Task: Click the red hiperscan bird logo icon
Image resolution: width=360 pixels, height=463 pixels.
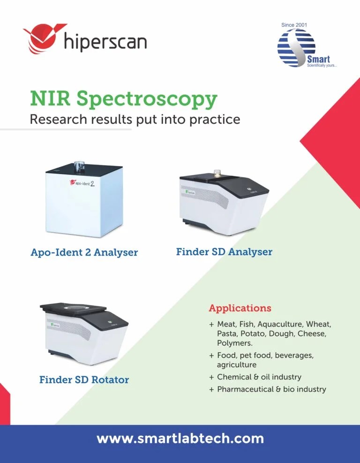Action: [40, 39]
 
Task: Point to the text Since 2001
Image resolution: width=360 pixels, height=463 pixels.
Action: [294, 24]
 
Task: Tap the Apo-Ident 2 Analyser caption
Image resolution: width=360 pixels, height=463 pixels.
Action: [84, 252]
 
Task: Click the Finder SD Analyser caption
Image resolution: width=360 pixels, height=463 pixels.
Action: [224, 252]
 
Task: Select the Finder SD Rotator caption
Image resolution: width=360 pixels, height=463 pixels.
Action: [84, 380]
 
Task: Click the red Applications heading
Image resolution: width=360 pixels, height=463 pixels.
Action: [240, 308]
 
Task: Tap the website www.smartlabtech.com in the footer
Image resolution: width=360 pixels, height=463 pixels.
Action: [180, 439]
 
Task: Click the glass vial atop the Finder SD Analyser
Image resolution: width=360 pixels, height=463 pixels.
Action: [217, 173]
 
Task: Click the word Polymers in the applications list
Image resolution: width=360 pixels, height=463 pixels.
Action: [234, 343]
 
